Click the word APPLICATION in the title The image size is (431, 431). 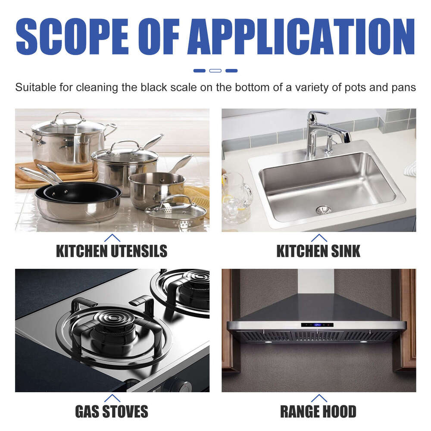pos(301,36)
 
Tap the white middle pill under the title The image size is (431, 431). pos(215,70)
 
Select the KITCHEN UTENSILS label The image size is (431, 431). pos(112,251)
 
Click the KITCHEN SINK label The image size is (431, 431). pos(319,251)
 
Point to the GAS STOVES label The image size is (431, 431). pos(112,411)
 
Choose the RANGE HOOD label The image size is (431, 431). pos(319,411)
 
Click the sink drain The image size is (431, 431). pos(323,210)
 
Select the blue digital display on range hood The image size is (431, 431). pos(317,325)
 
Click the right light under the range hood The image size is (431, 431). pos(362,342)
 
